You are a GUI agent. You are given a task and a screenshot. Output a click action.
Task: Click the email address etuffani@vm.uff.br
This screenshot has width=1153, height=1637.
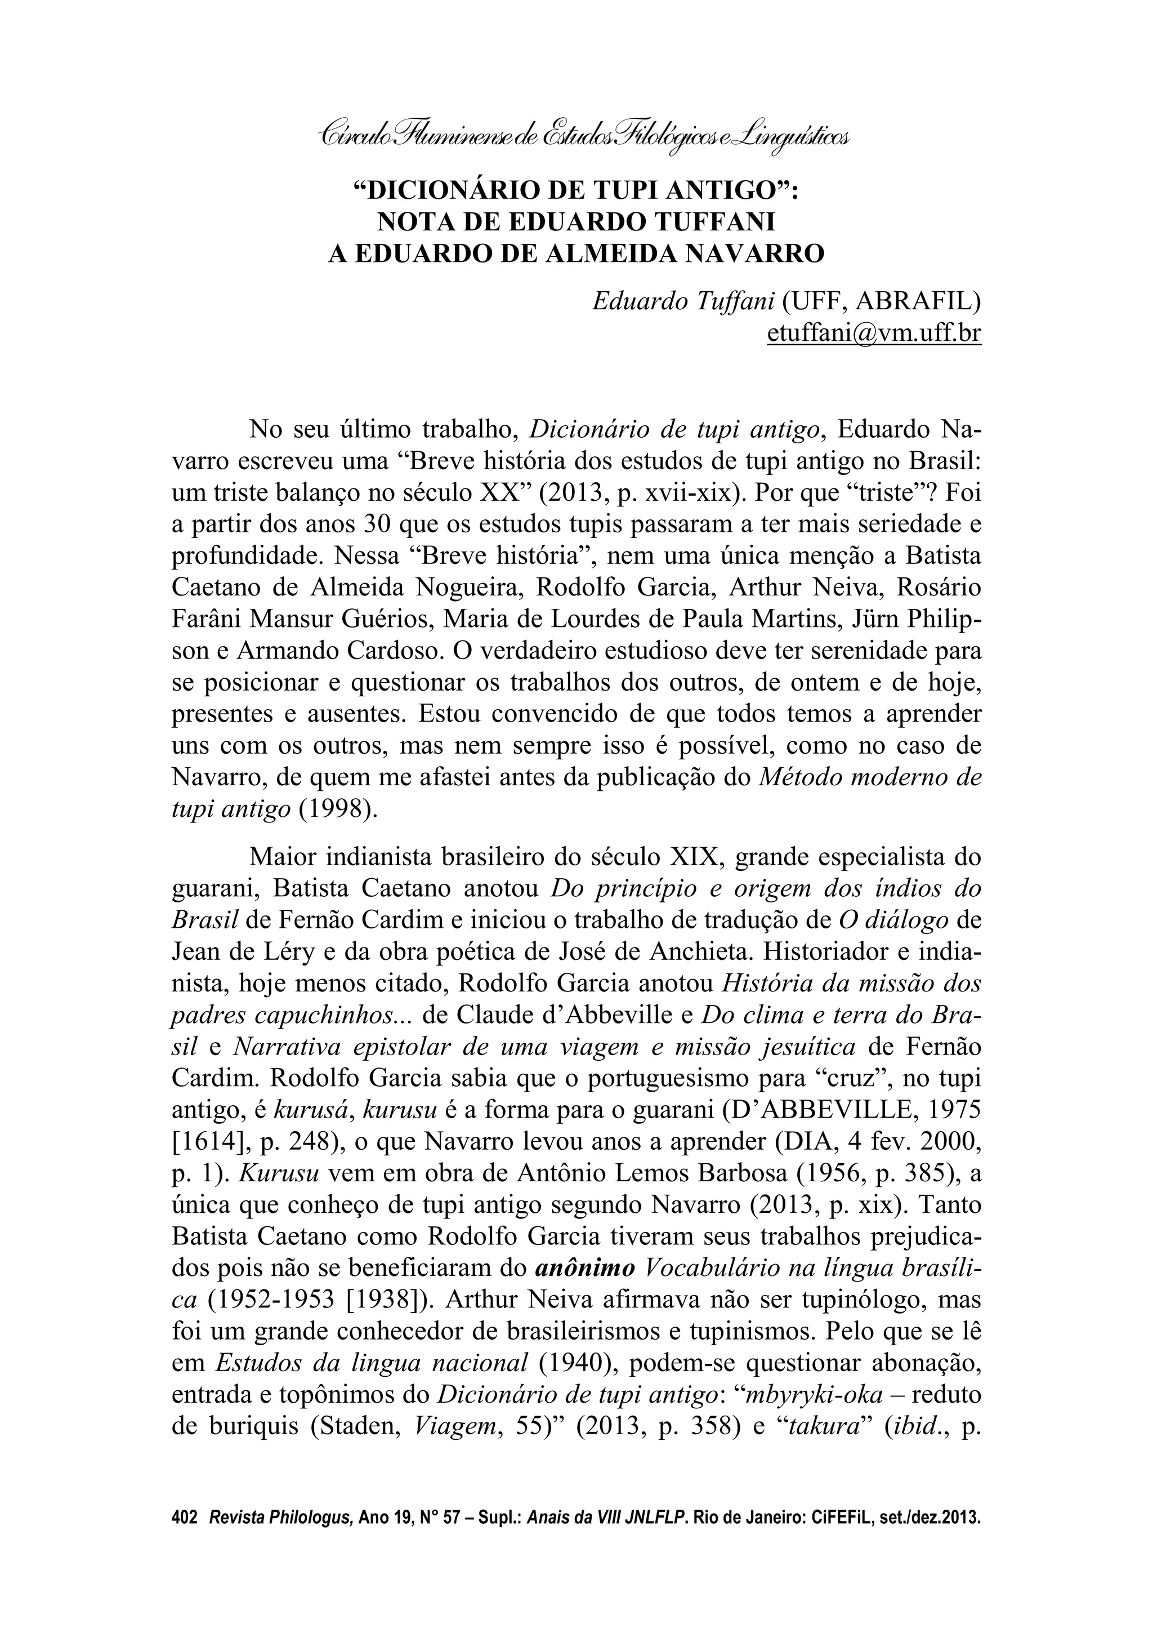tap(874, 333)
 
